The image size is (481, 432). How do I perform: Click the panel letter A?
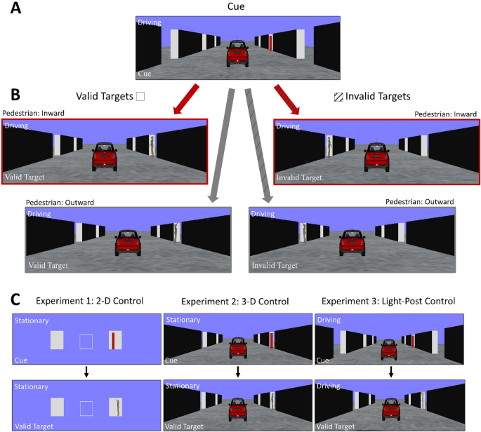pos(11,9)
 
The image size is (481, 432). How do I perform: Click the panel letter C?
pos(11,299)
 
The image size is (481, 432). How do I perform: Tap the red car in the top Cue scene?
pos(239,54)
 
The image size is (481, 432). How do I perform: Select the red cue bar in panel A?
pos(271,43)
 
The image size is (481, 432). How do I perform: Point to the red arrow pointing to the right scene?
pos(292,97)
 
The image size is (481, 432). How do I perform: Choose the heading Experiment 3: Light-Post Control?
pos(389,302)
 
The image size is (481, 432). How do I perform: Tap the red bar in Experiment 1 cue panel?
pos(112,342)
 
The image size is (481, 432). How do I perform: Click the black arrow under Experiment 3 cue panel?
pos(390,370)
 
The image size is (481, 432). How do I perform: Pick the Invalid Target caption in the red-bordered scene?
pos(300,177)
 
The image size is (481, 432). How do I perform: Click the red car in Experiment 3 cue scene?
pos(389,348)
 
